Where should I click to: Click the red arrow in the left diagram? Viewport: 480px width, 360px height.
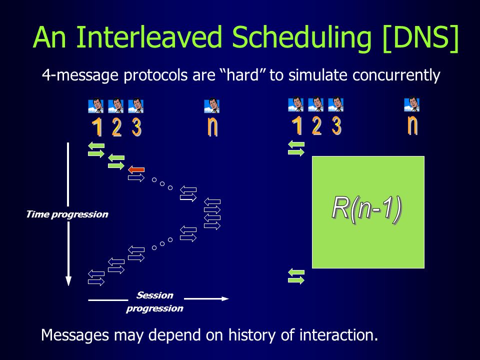coord(136,169)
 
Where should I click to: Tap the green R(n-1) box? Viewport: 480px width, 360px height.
coord(368,212)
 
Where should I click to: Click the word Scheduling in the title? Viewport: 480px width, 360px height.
coord(301,37)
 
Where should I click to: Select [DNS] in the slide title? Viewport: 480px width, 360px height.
coord(420,37)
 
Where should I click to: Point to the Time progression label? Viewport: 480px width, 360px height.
coord(67,214)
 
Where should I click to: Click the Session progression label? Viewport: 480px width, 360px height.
coord(154,302)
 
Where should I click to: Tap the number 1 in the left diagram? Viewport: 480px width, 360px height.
coord(97,127)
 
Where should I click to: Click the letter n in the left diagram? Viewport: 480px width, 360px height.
coord(212,126)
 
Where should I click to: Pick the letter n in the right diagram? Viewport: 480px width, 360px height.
coord(412,124)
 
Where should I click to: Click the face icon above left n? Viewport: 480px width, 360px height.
coord(211,106)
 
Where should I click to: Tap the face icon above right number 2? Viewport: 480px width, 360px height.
coord(315,104)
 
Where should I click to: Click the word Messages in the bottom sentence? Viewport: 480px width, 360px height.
coord(74,335)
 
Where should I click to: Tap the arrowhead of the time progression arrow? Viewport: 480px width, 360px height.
coord(68,281)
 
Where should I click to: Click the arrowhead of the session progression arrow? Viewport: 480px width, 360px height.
coord(225,298)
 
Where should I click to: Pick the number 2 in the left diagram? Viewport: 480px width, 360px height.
coord(116,127)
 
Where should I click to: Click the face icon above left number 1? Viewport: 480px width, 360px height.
coord(96,106)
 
